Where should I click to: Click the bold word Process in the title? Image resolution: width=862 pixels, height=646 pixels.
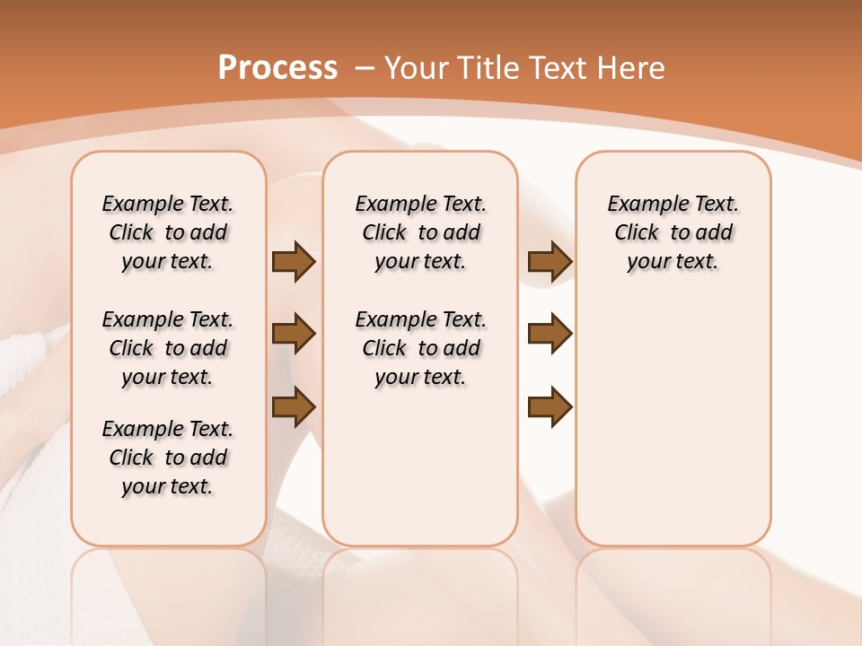(277, 67)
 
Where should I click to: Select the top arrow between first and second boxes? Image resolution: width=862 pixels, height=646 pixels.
(294, 262)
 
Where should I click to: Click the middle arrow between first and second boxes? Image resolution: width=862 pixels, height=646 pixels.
(294, 335)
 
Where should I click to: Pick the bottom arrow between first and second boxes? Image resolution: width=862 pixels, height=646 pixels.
(294, 406)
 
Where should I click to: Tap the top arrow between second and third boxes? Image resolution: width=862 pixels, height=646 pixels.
(550, 262)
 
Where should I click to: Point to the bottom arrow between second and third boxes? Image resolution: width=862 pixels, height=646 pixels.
(550, 406)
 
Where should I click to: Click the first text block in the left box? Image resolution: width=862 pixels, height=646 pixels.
(168, 232)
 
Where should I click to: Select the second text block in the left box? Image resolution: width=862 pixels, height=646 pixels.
(168, 348)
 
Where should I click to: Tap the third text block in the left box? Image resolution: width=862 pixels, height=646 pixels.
(168, 458)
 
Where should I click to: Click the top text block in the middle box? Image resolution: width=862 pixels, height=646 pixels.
(420, 232)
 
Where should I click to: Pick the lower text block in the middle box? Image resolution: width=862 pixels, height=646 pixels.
(420, 348)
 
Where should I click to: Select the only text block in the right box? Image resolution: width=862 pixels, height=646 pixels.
(673, 232)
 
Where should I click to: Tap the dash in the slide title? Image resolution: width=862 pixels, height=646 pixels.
(365, 67)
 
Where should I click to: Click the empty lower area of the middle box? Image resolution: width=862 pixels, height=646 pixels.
(420, 467)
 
